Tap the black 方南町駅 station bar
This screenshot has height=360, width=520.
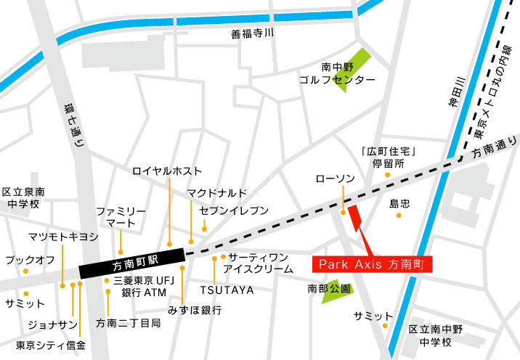coord(131,262)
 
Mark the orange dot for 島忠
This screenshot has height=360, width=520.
coord(397,216)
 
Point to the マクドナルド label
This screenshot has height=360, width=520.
coord(217,192)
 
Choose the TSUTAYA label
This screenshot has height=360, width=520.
coord(227,290)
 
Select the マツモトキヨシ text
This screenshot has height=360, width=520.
coord(63,237)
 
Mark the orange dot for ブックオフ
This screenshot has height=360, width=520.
coord(26,271)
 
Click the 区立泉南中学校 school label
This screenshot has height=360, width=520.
coord(23,198)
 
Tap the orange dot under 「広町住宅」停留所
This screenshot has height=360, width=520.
coord(387,175)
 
